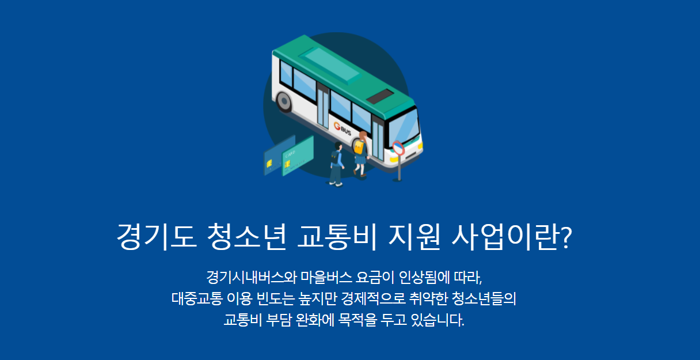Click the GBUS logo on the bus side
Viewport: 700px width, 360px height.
(343, 129)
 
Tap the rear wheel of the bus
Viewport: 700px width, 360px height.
(284, 102)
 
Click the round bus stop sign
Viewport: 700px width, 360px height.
(398, 148)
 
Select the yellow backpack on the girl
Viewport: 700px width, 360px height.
(359, 147)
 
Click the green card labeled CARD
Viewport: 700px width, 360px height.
(297, 156)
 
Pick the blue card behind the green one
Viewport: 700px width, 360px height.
(275, 154)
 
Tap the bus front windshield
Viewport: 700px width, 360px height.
(405, 126)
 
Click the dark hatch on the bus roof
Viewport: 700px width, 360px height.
(380, 97)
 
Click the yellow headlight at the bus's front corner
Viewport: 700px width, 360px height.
(420, 145)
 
